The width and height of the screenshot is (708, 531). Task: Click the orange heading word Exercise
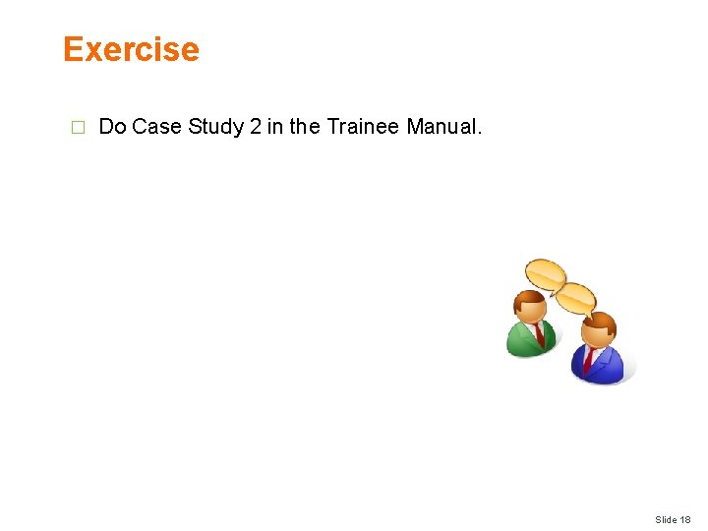point(131,49)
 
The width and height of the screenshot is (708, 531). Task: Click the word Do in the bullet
point(113,126)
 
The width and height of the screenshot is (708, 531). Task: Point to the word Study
point(210,126)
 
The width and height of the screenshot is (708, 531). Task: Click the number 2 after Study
point(255,126)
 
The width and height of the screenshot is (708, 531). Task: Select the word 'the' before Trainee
point(304,126)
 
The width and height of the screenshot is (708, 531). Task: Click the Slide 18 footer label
point(673,519)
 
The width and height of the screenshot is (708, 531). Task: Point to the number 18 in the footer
point(684,519)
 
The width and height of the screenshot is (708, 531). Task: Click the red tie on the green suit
point(539,335)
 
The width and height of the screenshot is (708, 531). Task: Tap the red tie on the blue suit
point(589,360)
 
